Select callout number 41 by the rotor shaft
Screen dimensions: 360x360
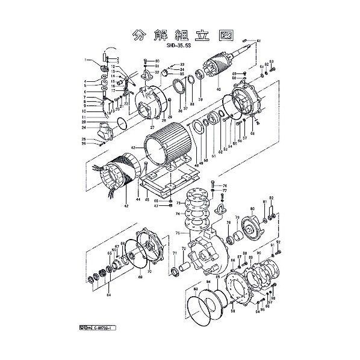tap(259, 40)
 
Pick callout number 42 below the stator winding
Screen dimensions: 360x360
tap(126, 206)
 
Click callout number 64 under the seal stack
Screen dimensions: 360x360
tap(108, 294)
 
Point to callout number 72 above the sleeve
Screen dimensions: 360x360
tap(183, 249)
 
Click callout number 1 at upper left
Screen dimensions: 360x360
tap(86, 59)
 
